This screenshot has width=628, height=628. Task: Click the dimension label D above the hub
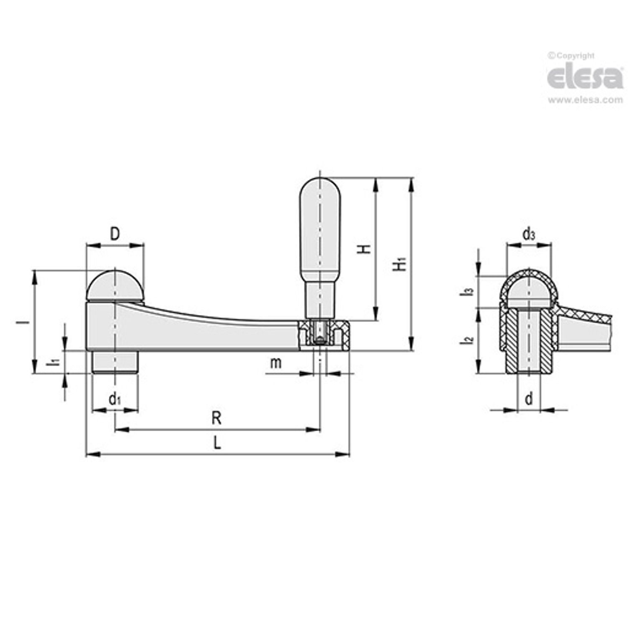click(114, 234)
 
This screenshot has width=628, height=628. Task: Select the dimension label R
click(216, 418)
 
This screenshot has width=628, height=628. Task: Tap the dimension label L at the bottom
click(217, 443)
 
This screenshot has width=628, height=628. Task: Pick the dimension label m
click(275, 363)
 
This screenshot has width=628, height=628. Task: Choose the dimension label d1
click(114, 400)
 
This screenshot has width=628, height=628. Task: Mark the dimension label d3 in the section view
click(529, 234)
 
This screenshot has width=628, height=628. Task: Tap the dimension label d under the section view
click(529, 399)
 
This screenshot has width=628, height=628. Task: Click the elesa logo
click(585, 78)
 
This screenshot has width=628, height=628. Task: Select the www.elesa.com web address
click(585, 100)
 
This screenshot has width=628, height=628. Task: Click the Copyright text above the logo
click(571, 56)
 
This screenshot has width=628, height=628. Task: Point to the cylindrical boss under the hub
click(115, 362)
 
